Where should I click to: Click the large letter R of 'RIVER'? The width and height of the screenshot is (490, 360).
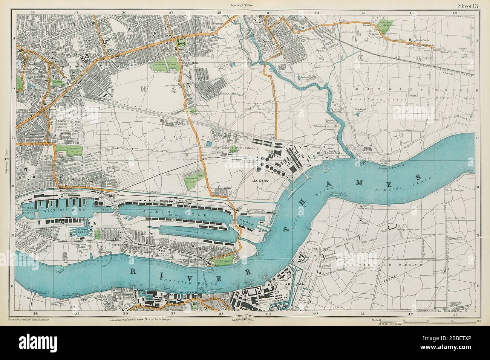[x=135, y=272]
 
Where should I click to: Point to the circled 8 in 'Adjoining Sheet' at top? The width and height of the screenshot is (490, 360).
[x=245, y=5]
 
